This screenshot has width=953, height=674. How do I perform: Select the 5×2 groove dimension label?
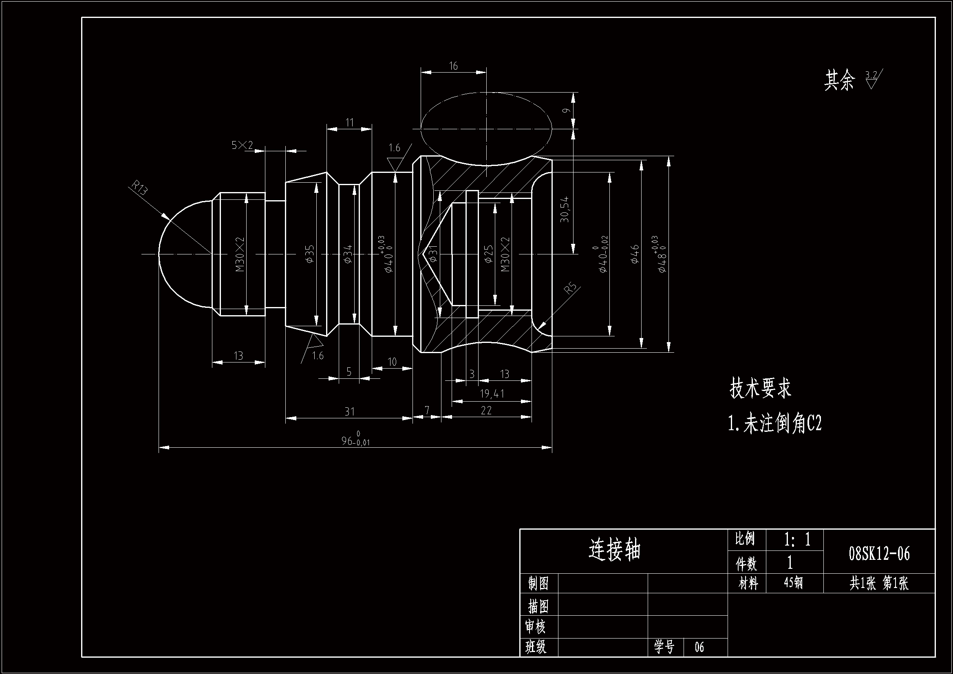(x=242, y=145)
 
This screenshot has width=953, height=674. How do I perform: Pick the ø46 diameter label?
(x=635, y=254)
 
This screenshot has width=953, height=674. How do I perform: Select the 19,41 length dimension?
(x=492, y=393)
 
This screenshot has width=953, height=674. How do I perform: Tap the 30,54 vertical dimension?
(x=565, y=210)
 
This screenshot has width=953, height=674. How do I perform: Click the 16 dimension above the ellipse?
(x=453, y=66)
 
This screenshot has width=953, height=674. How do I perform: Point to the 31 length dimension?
(x=349, y=411)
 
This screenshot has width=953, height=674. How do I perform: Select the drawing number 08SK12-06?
(x=879, y=554)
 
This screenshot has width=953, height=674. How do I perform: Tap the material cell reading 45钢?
(x=793, y=583)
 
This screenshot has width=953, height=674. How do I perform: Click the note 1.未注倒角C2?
(x=774, y=424)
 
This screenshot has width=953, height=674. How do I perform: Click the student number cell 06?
(x=699, y=647)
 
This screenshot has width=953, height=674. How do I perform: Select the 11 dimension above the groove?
(x=349, y=122)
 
